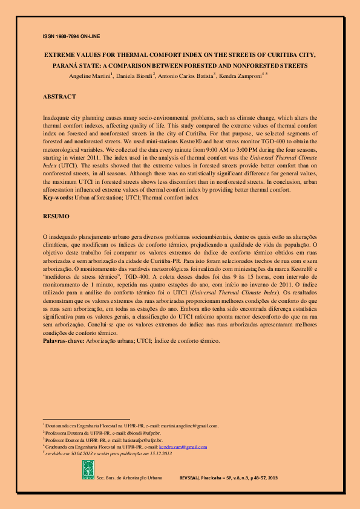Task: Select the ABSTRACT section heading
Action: tap(59, 97)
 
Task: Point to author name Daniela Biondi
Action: tap(135, 76)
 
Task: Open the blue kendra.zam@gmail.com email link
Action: tap(182, 447)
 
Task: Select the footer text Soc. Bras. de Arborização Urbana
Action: tap(129, 478)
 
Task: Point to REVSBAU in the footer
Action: tap(191, 478)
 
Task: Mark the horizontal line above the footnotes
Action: tap(86, 419)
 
